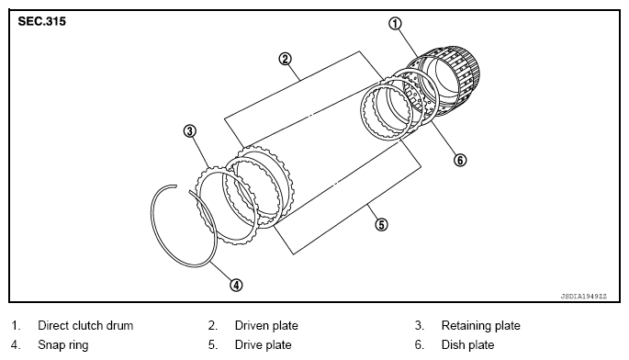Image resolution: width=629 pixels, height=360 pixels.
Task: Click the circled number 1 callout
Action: click(x=395, y=24)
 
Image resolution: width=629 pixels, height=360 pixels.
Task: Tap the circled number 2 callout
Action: click(x=285, y=60)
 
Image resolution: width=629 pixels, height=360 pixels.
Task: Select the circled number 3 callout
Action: click(x=189, y=130)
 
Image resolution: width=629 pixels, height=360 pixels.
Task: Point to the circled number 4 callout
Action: click(x=236, y=286)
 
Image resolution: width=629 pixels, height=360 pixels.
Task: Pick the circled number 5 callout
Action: click(x=381, y=224)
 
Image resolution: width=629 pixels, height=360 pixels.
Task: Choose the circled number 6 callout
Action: click(x=460, y=160)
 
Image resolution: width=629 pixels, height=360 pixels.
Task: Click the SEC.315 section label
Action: click(x=41, y=21)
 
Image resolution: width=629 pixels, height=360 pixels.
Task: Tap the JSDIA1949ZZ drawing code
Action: click(x=584, y=297)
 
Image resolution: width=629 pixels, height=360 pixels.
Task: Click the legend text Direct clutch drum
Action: click(x=85, y=325)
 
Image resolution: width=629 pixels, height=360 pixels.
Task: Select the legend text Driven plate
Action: click(x=266, y=325)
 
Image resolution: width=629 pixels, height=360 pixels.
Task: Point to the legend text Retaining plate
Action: click(x=480, y=325)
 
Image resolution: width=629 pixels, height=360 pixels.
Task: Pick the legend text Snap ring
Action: click(x=63, y=345)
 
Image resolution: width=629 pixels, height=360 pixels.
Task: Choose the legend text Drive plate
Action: click(x=264, y=344)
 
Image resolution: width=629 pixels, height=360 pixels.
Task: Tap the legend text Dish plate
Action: click(x=467, y=344)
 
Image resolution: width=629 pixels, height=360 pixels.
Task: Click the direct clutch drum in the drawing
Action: click(x=449, y=80)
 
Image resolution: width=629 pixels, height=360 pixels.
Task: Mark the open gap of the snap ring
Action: click(x=183, y=188)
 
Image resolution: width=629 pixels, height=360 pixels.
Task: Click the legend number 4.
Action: click(x=15, y=344)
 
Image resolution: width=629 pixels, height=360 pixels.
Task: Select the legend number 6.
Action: click(x=419, y=344)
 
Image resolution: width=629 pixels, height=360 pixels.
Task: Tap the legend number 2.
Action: click(x=213, y=325)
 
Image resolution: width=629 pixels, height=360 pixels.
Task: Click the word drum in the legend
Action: click(x=118, y=325)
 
